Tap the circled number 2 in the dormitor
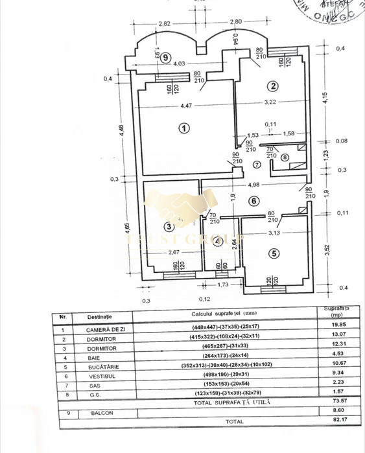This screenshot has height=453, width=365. point(274,86)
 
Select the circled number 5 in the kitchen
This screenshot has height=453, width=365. point(274,253)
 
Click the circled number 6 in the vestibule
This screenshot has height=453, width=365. point(255,201)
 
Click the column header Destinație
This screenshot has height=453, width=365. point(100,316)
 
